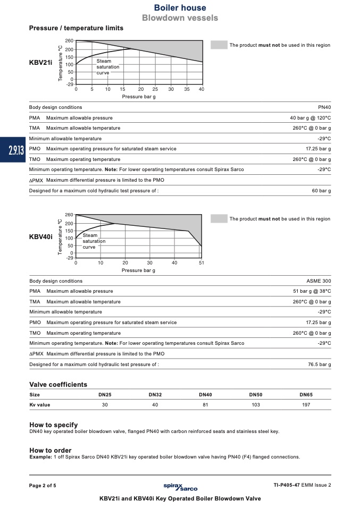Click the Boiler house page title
pos(180,8)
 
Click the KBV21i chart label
pos(40,62)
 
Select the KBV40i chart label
pos(40,236)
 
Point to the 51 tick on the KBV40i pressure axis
pos(201,263)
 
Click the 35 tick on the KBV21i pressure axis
pos(187,89)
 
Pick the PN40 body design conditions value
pos(324,107)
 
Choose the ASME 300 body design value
pos(319,281)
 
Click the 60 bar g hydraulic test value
pos(321,190)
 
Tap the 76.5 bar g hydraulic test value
pos(319,364)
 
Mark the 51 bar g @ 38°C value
pos(312,291)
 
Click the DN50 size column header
pos(256,395)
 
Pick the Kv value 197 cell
pos(306,405)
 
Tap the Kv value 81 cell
pos(205,405)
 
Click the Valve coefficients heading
pos(58,385)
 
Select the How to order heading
pos(50,451)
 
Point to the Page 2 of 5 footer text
pos(43,486)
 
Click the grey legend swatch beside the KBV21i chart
pos(219,45)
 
